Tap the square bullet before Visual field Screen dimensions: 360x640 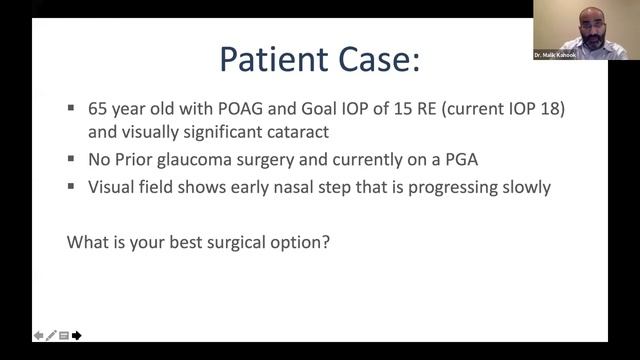[72, 186]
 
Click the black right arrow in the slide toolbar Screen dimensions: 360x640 [77, 335]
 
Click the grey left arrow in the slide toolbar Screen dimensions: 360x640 [38, 335]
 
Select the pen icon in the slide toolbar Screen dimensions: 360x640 [51, 335]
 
